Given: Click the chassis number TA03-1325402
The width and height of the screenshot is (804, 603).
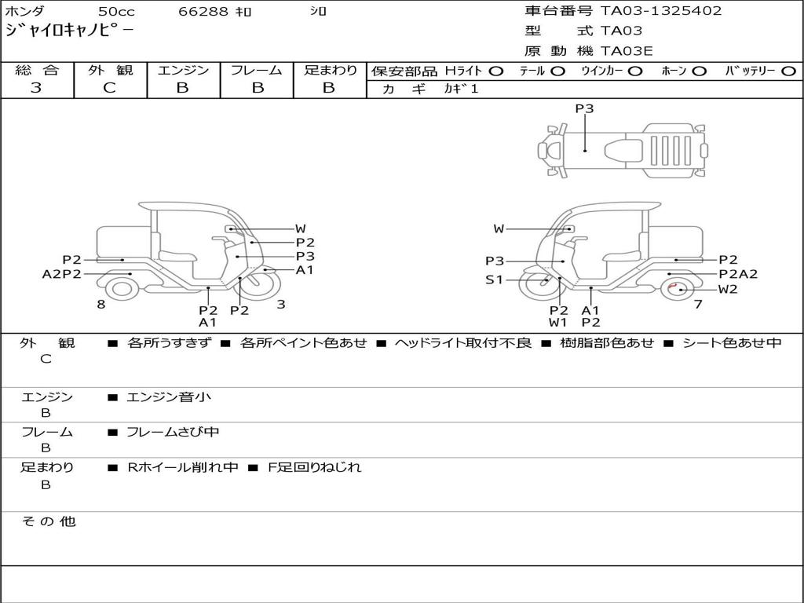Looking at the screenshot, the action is pyautogui.click(x=661, y=11).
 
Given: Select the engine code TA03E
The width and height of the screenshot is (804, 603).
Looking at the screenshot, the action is pyautogui.click(x=627, y=51).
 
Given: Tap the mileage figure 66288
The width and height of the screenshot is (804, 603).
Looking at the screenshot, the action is pyautogui.click(x=203, y=11).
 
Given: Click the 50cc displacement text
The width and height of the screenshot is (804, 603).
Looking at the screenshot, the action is pyautogui.click(x=116, y=11).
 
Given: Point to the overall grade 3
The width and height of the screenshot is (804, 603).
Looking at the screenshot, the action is pyautogui.click(x=36, y=87).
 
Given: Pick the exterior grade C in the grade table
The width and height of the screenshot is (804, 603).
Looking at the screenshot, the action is pyautogui.click(x=110, y=88).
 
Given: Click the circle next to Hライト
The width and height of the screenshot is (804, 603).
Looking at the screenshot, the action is pyautogui.click(x=496, y=71).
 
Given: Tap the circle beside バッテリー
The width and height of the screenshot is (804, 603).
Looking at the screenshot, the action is pyautogui.click(x=789, y=71).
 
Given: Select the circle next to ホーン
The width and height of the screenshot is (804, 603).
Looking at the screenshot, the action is pyautogui.click(x=700, y=71).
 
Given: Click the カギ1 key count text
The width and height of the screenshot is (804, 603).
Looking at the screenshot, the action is pyautogui.click(x=460, y=89).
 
